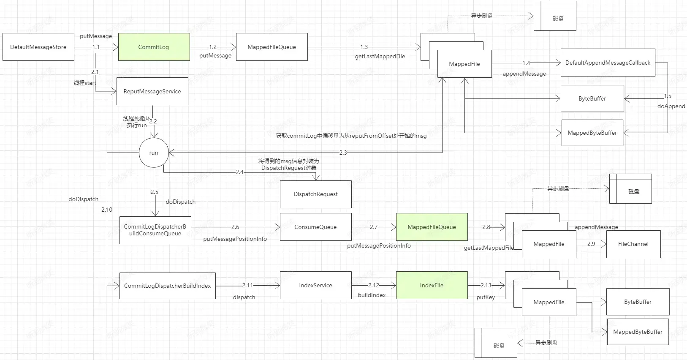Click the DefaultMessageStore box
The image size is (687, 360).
click(x=38, y=47)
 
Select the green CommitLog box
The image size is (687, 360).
click(x=154, y=47)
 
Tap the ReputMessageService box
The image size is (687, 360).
click(x=152, y=91)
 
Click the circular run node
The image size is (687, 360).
click(x=154, y=153)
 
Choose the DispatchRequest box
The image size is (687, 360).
click(x=315, y=194)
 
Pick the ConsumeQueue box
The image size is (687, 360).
click(x=315, y=227)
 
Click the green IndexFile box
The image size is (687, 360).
click(x=432, y=285)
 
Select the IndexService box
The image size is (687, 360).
click(x=315, y=285)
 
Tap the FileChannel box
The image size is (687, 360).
click(x=633, y=244)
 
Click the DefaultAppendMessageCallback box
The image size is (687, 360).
click(x=608, y=63)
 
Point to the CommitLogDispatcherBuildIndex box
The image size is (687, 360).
click(x=167, y=286)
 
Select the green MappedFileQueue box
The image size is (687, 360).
click(x=432, y=227)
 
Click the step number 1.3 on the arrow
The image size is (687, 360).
click(x=364, y=47)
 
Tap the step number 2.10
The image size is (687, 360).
click(x=107, y=210)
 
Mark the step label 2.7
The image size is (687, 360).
click(x=374, y=227)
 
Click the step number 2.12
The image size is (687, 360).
click(x=374, y=285)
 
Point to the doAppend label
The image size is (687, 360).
click(x=671, y=106)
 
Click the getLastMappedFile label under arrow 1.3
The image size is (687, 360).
click(x=380, y=56)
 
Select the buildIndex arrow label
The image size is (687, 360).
click(x=372, y=295)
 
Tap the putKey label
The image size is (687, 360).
click(x=486, y=297)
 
